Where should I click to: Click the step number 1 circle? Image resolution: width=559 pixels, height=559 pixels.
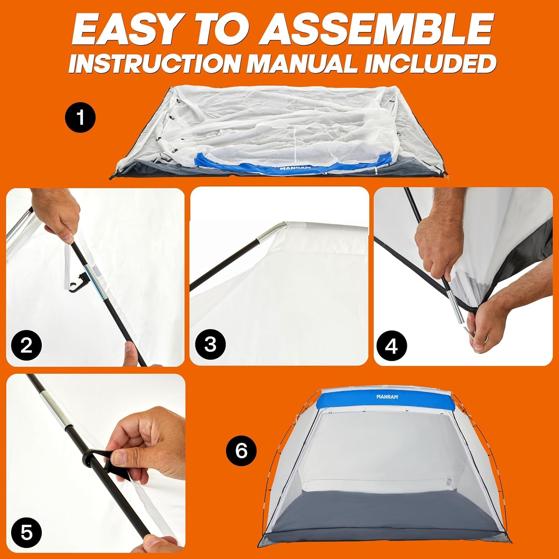coord(80,118)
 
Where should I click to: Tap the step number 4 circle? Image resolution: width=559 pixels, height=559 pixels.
coord(391,347)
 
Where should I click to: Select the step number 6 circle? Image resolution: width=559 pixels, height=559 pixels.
coord(241,451)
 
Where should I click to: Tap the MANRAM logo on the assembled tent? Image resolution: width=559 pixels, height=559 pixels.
coord(387,397)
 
